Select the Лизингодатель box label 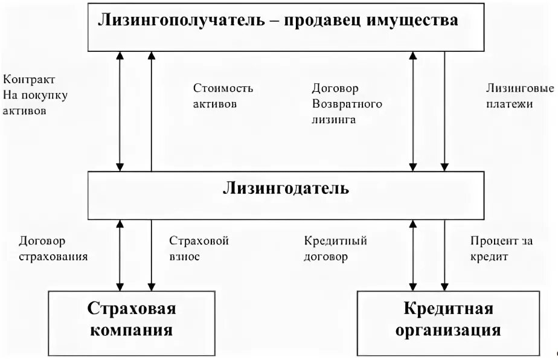pos(286,188)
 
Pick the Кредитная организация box pos(447,320)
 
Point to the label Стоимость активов pos(223,96)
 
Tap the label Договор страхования pos(53,248)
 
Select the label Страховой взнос pos(199,248)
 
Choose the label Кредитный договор pos(336,248)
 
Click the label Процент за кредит pos(501,248)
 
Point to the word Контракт pos(29,80)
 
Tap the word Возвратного pos(347,104)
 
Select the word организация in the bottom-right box pos(447,330)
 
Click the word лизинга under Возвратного pos(333,119)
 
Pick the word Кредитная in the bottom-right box pos(448,309)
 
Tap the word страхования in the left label pos(53,256)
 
